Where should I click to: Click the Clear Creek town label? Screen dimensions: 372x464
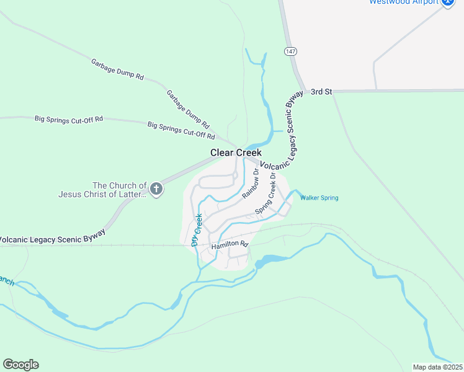coord(236,153)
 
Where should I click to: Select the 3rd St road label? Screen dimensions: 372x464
coord(322,91)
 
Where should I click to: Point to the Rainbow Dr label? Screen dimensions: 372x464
coord(251,184)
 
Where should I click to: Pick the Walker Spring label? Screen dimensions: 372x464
coord(319,198)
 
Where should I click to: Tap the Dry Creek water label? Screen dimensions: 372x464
coord(197,230)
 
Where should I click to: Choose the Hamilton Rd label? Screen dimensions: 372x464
coord(230,246)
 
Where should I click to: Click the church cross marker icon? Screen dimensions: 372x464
coord(156,189)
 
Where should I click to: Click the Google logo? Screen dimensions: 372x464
coord(20,365)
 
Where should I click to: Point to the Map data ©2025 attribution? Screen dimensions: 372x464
coord(437,366)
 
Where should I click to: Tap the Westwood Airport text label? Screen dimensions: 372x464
coord(404,2)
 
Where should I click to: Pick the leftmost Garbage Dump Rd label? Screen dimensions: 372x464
coord(117,69)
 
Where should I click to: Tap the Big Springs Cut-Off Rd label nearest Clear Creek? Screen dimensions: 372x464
coord(181,130)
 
